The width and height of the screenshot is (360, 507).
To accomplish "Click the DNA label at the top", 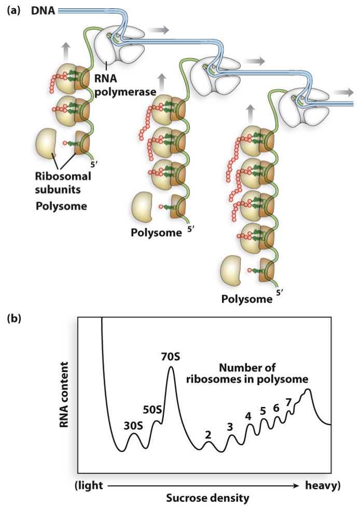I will (x=43, y=10).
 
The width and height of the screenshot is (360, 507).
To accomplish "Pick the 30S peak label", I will (x=133, y=426).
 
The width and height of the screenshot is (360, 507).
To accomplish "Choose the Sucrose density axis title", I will (x=207, y=499).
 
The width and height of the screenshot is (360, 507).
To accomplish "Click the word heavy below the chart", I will (x=322, y=485).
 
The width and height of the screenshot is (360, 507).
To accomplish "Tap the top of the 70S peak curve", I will (x=171, y=368).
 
